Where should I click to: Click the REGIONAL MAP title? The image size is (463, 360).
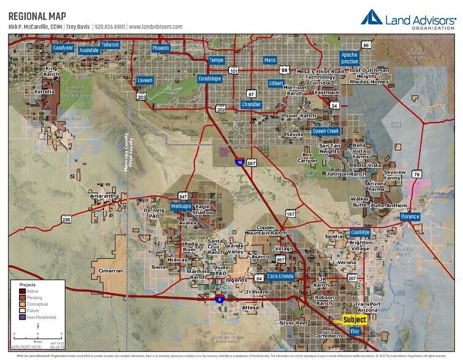[37, 15]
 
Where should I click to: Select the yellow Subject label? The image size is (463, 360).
[355, 320]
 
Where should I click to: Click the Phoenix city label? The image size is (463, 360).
[160, 48]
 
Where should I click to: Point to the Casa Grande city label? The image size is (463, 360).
[280, 276]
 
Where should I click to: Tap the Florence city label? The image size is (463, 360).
[410, 217]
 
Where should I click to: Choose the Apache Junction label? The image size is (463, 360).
[349, 58]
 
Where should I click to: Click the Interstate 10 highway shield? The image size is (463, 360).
[239, 162]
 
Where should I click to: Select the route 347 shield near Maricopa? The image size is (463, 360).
[183, 197]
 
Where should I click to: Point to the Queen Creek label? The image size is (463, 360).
[326, 131]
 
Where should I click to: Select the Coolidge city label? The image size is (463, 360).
[360, 232]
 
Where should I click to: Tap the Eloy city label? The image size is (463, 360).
[355, 331]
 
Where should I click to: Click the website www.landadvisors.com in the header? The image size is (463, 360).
[156, 27]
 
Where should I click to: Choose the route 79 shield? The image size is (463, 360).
[416, 174]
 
